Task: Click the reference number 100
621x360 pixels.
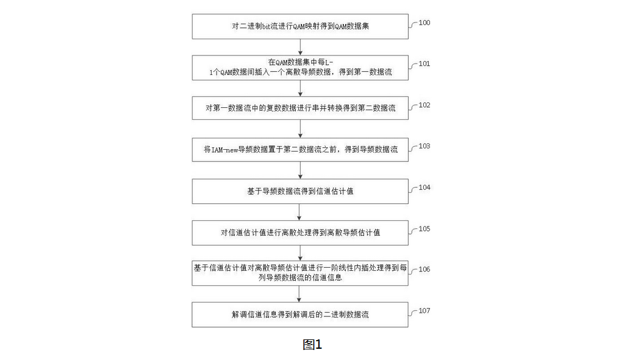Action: point(424,22)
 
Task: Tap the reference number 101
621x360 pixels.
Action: point(424,64)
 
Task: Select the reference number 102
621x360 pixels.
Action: point(424,105)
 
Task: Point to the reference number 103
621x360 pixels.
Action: point(424,146)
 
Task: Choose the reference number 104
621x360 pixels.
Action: point(424,187)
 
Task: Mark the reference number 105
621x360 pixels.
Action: point(424,229)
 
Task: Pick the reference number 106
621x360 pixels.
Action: point(424,270)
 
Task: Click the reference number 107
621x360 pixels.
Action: point(424,311)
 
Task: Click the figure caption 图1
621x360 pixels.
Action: point(312,344)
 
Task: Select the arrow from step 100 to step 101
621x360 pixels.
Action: point(300,47)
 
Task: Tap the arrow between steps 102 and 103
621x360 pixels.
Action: point(300,129)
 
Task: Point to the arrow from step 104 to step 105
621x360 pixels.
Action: point(300,212)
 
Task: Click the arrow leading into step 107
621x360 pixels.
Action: point(299,294)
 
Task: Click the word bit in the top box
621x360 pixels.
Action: point(266,26)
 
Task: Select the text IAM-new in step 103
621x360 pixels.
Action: point(225,150)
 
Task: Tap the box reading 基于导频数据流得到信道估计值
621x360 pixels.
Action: point(300,192)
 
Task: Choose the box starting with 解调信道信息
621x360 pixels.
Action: point(300,315)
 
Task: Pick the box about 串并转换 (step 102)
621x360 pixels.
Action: point(300,108)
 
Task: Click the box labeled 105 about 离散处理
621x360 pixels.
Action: point(300,233)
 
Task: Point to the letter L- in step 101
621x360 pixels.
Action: point(329,62)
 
